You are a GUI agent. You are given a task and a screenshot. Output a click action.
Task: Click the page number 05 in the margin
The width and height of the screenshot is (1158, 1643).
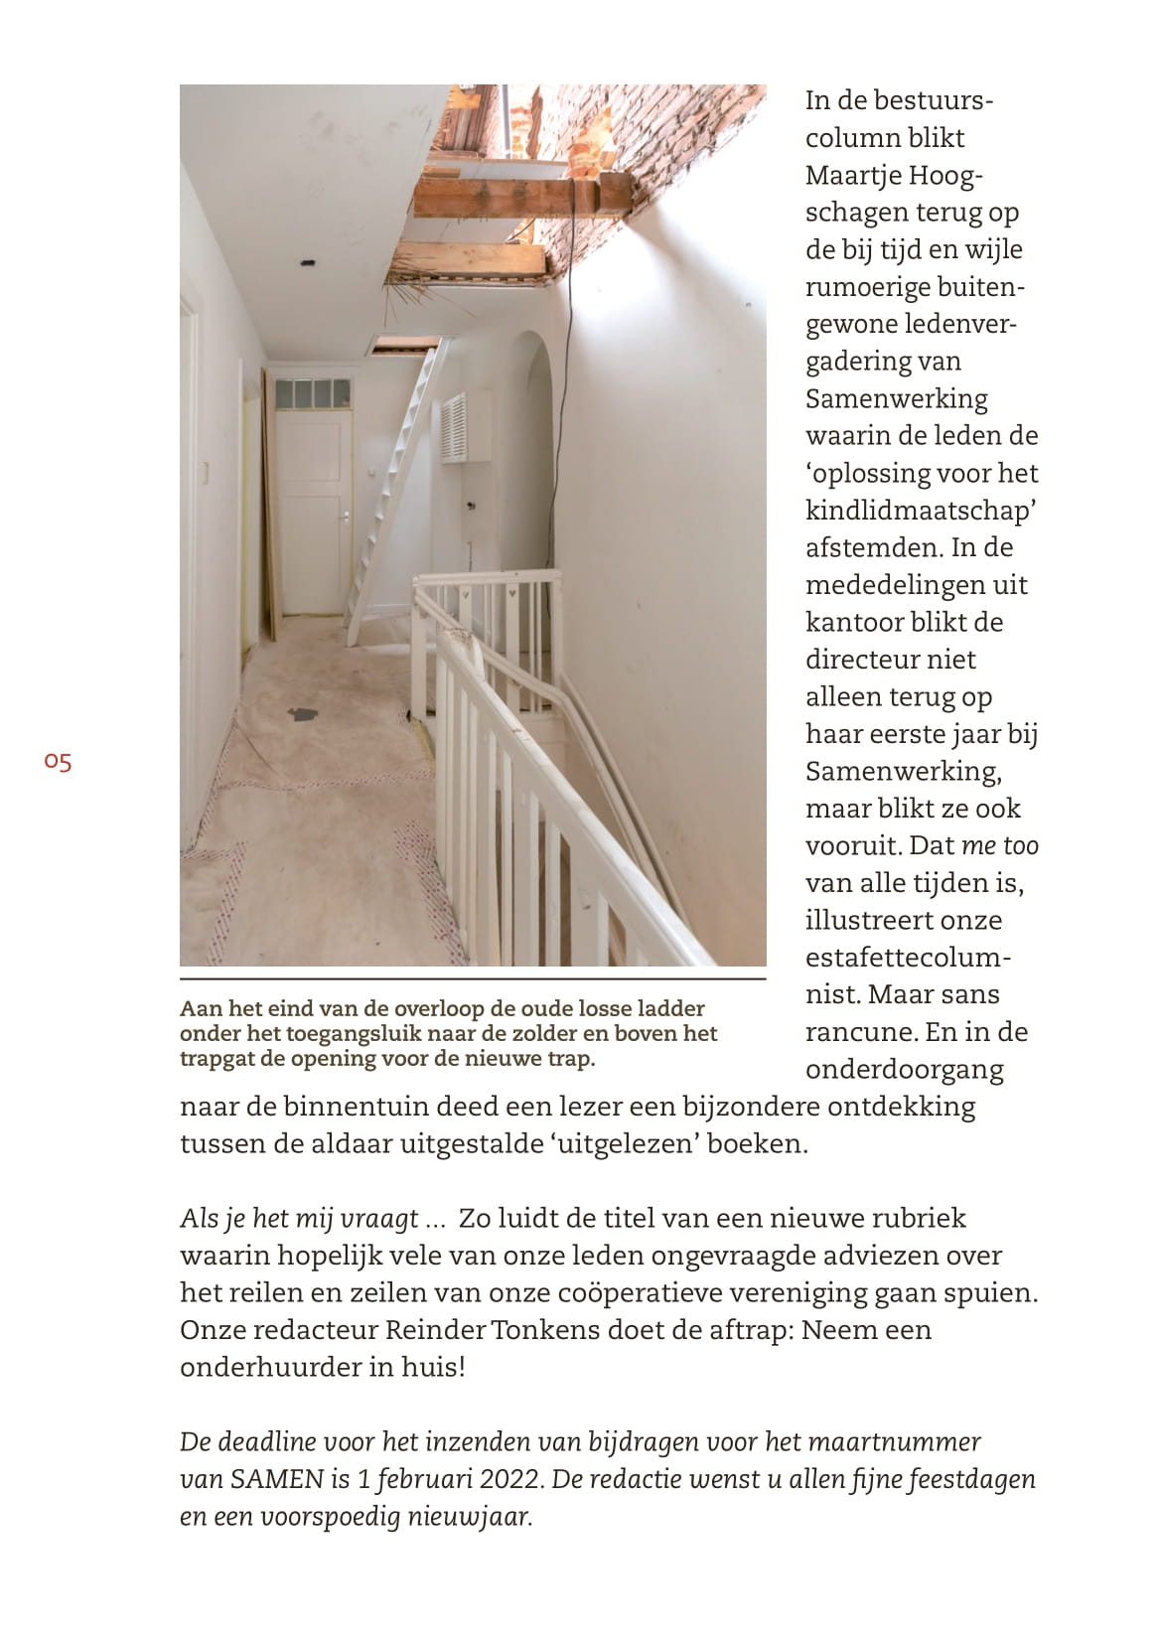coord(58,762)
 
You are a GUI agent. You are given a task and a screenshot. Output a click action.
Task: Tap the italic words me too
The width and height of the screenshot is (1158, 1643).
coord(1000,846)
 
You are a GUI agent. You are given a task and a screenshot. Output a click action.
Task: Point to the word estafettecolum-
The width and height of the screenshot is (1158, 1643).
coord(908,959)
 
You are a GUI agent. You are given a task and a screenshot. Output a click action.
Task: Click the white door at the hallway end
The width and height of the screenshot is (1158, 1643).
coord(313,517)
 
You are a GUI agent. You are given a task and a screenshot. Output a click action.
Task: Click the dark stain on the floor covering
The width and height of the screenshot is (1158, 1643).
coord(303,713)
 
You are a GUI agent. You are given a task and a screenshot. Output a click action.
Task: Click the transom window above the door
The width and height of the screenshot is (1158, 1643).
coord(313,394)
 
